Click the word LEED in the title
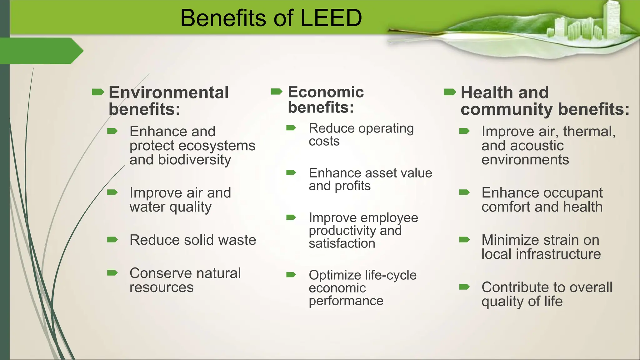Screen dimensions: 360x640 click(331, 18)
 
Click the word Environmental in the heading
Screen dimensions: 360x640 click(168, 92)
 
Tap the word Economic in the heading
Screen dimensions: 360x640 click(326, 92)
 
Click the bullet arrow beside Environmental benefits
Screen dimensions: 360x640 click(97, 92)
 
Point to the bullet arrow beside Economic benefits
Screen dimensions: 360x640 click(277, 91)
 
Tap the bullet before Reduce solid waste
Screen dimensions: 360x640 click(112, 240)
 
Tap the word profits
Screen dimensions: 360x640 click(352, 186)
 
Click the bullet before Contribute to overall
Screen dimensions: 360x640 click(464, 287)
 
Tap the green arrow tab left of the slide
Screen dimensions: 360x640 click(41, 51)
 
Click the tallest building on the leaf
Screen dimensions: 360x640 click(612, 19)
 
